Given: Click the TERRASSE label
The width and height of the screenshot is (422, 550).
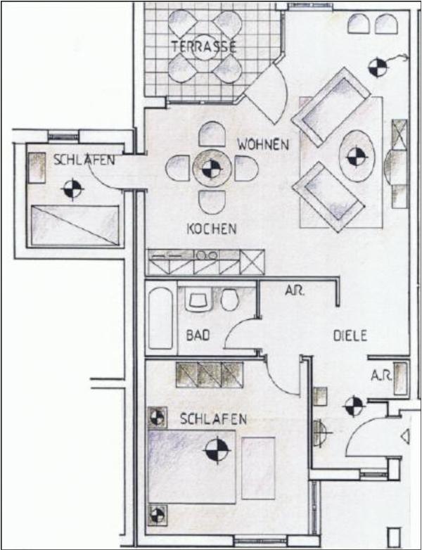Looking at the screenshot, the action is [x=203, y=47].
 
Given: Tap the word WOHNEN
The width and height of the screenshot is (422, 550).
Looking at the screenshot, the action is [x=263, y=144].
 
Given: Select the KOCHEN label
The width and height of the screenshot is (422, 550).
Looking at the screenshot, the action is [x=212, y=229].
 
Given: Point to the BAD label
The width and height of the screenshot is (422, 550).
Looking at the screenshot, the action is [x=198, y=335].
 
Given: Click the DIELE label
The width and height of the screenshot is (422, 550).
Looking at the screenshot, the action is [x=350, y=335].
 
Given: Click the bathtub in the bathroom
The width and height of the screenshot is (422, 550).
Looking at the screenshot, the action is [x=160, y=318].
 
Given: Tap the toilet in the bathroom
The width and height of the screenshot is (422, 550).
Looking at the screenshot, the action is [x=230, y=300].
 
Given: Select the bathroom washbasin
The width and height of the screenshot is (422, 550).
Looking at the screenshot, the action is [x=199, y=301].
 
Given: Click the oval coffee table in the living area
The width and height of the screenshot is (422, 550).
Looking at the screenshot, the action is [x=357, y=156].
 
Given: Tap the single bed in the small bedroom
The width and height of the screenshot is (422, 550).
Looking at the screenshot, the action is [x=75, y=225].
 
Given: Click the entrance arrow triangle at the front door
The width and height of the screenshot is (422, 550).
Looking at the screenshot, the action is [x=405, y=436].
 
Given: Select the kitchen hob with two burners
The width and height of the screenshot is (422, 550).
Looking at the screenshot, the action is [x=206, y=255].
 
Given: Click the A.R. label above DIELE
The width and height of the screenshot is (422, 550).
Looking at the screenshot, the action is [x=294, y=290].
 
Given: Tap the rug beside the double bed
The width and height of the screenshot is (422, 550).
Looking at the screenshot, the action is [x=258, y=468].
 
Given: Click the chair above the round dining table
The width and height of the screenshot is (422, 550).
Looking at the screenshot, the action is [x=212, y=134].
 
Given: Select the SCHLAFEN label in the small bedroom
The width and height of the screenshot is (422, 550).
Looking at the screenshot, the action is [x=84, y=160].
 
